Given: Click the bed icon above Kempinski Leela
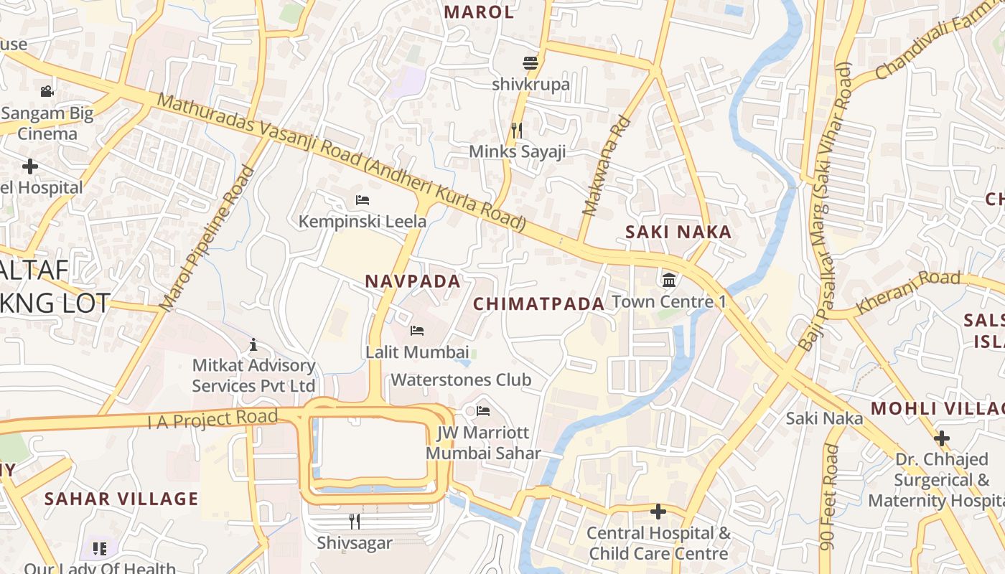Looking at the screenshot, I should tap(363, 199).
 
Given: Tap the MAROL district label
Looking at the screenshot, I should tap(479, 12).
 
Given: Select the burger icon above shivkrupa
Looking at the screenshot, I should tap(530, 63).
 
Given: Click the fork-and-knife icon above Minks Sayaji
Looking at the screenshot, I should tap(516, 130).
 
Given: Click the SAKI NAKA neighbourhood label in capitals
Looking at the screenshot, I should tap(678, 232).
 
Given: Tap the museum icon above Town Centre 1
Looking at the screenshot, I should tap(669, 279).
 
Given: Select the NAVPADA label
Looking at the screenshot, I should tap(413, 281).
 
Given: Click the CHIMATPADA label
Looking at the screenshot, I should tap(538, 304).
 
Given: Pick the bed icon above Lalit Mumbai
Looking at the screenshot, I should tap(416, 330).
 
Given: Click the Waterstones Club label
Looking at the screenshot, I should tap(460, 380).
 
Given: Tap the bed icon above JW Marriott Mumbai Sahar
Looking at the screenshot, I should tap(483, 411).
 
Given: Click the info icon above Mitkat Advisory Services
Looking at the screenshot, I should tap(253, 345).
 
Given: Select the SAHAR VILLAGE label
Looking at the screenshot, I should tap(121, 499).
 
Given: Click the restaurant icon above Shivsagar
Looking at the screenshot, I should tap(354, 521).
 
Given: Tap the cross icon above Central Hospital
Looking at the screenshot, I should tap(658, 512).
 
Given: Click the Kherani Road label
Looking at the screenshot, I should tap(908, 291).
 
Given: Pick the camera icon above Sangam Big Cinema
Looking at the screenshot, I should tap(47, 91).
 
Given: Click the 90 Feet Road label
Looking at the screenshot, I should tap(831, 497).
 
